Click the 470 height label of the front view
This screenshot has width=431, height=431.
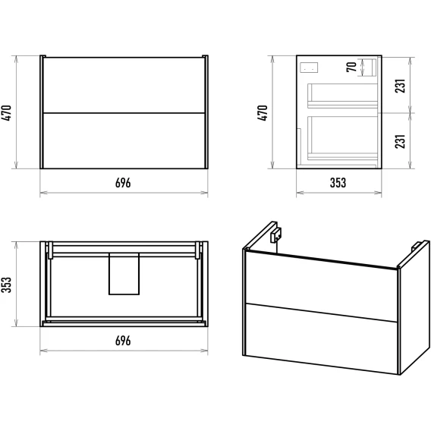[x=7, y=113]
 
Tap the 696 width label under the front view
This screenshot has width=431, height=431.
[x=123, y=183]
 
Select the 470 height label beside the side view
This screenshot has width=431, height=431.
[x=263, y=113]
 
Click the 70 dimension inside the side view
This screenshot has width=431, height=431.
[x=351, y=68]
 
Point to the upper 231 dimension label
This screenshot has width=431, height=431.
[x=401, y=86]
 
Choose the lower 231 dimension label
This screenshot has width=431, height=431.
[x=401, y=141]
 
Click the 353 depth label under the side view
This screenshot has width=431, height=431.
[x=338, y=183]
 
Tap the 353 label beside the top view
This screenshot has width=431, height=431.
[x=7, y=285]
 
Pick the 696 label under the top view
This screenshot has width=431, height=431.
[x=123, y=341]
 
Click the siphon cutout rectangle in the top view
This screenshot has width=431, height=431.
[x=124, y=274]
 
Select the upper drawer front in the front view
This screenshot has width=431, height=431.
[x=124, y=85]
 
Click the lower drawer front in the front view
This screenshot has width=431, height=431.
[x=124, y=140]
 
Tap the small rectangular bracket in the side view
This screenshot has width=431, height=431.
[x=310, y=68]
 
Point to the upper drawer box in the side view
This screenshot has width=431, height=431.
[x=342, y=96]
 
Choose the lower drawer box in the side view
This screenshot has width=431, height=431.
[x=342, y=138]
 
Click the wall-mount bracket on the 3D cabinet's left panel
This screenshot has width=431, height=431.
[x=275, y=235]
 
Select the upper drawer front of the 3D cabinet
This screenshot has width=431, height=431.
[x=321, y=286]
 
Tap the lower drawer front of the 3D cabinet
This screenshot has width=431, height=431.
[x=321, y=338]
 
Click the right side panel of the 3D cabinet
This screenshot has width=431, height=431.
[x=414, y=307]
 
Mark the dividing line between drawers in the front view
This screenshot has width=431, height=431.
[x=124, y=113]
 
